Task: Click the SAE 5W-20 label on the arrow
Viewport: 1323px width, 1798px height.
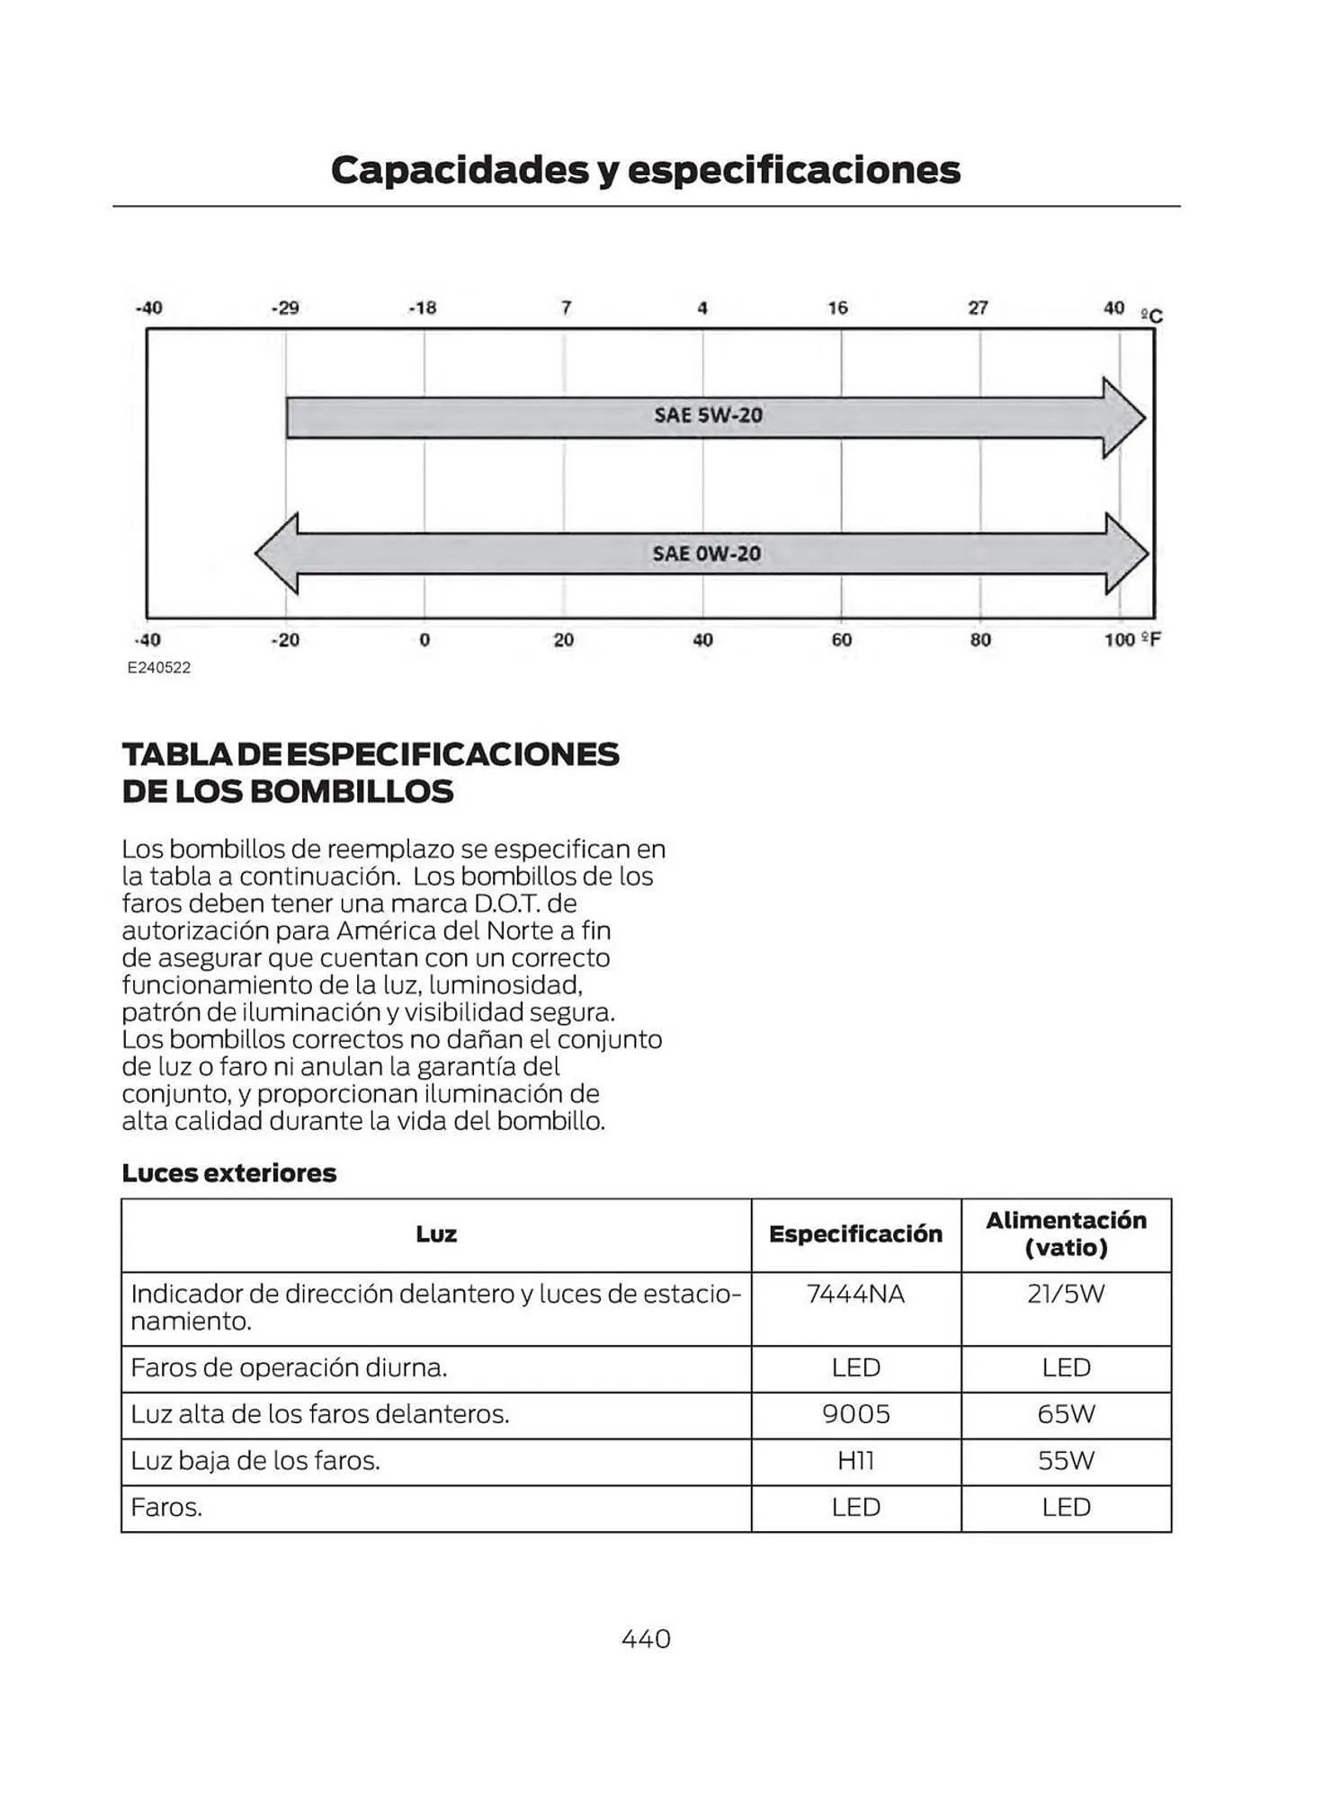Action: pos(708,415)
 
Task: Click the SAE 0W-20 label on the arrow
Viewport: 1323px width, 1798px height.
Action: pos(706,554)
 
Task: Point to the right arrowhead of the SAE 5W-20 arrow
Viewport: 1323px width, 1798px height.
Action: pos(1123,418)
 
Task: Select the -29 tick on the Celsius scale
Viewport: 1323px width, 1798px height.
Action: pos(284,308)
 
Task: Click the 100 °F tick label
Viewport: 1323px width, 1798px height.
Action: pos(1131,640)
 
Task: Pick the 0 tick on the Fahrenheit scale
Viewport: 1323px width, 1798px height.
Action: pos(425,640)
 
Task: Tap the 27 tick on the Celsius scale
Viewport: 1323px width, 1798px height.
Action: pos(978,308)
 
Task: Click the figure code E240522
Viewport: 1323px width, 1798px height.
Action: pos(159,668)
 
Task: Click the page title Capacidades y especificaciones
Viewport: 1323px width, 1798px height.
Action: pos(645,170)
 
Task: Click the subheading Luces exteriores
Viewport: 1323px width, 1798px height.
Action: pos(228,1173)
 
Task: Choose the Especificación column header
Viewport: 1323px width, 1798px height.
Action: pos(855,1234)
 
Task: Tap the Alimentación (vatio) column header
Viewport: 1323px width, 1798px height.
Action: pos(1066,1233)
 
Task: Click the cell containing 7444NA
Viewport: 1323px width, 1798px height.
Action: pos(855,1295)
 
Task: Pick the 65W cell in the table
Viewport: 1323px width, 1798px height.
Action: pos(1066,1414)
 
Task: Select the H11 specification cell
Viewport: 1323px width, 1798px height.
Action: pos(855,1461)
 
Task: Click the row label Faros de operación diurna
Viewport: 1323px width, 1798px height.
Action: pos(289,1368)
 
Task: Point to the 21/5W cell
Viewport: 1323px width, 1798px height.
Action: pos(1066,1295)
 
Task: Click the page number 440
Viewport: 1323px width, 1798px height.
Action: pos(646,1639)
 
